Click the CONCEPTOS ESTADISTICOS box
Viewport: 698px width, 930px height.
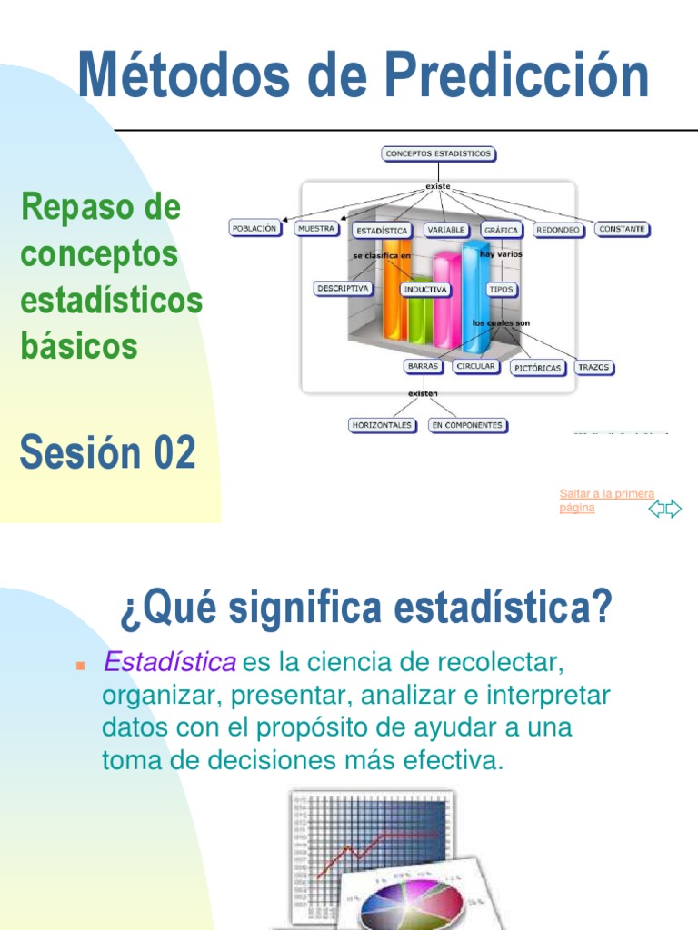tap(438, 153)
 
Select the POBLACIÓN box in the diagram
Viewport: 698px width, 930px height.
tap(254, 229)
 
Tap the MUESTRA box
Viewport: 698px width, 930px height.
tap(316, 229)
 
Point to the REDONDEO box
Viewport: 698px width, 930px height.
tap(558, 230)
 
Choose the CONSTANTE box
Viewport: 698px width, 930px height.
tap(623, 229)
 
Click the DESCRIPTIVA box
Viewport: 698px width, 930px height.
tap(343, 288)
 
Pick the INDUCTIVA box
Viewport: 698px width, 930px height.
tap(425, 290)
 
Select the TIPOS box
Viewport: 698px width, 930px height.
tap(501, 290)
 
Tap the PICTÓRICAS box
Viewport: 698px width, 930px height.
tap(537, 368)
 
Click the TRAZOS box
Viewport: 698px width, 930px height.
tap(594, 368)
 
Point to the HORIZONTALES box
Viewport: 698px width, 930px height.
tap(382, 424)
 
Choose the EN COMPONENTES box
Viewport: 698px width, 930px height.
tap(467, 424)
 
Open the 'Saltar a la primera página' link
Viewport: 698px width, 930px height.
tap(606, 500)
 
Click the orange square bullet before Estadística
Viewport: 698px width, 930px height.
tap(79, 666)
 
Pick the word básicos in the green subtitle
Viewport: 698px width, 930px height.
tap(79, 346)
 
